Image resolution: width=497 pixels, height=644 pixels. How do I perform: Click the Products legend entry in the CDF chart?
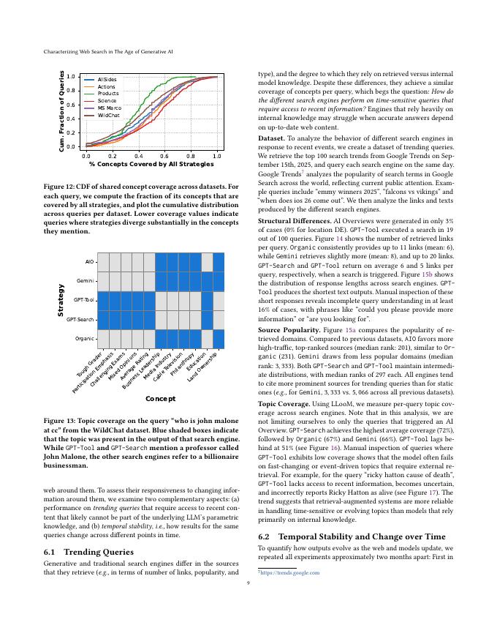[x=108, y=94]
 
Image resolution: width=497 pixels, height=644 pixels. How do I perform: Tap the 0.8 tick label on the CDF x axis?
[x=191, y=156]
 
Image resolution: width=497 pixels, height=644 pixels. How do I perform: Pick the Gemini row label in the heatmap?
[x=86, y=281]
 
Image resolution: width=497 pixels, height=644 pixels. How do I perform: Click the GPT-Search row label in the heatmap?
[x=81, y=320]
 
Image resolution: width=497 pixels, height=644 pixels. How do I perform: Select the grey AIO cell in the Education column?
[x=207, y=262]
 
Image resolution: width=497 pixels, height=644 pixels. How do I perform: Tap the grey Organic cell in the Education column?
[x=207, y=339]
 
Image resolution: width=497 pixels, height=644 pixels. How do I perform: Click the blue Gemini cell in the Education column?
[x=207, y=281]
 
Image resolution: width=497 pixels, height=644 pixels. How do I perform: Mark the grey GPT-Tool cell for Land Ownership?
[x=219, y=301]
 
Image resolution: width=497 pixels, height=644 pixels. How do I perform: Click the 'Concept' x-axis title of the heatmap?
[x=161, y=398]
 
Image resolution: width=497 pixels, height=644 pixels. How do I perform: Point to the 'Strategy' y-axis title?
[x=61, y=300]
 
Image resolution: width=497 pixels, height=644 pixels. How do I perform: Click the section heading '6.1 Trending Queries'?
[x=75, y=490]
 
